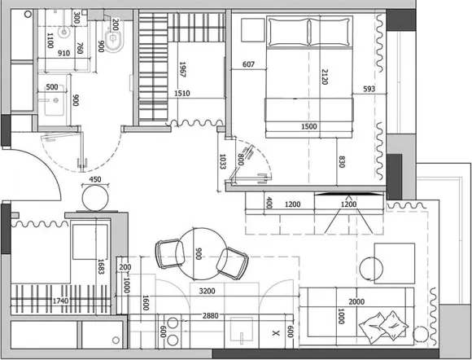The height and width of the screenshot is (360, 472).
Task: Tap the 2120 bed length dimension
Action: point(325,77)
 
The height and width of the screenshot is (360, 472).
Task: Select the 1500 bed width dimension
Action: point(309,126)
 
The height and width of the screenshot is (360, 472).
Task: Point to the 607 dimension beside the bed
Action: point(248,64)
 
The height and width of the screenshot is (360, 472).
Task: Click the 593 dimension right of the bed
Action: point(369,89)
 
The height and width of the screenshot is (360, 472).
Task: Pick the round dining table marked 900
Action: point(201,254)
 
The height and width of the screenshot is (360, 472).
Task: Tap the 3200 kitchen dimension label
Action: point(207,292)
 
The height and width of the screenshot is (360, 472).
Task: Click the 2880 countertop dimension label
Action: point(211,316)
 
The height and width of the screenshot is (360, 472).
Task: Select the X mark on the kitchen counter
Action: point(276,333)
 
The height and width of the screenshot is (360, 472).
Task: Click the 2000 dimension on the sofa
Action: point(356,301)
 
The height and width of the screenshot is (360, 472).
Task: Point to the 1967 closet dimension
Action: point(182,69)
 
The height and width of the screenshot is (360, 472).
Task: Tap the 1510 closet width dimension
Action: point(182,94)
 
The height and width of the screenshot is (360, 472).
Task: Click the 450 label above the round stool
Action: point(95,179)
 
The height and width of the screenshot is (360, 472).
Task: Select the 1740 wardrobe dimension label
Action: point(60,301)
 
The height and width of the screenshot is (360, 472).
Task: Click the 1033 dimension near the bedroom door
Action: point(222,161)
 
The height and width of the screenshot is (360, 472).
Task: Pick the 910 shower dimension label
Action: point(63,53)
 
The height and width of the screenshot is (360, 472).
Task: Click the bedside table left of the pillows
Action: point(253,30)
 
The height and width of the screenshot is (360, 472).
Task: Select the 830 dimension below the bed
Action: point(342,161)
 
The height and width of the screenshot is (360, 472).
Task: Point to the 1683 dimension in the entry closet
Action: point(101,266)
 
